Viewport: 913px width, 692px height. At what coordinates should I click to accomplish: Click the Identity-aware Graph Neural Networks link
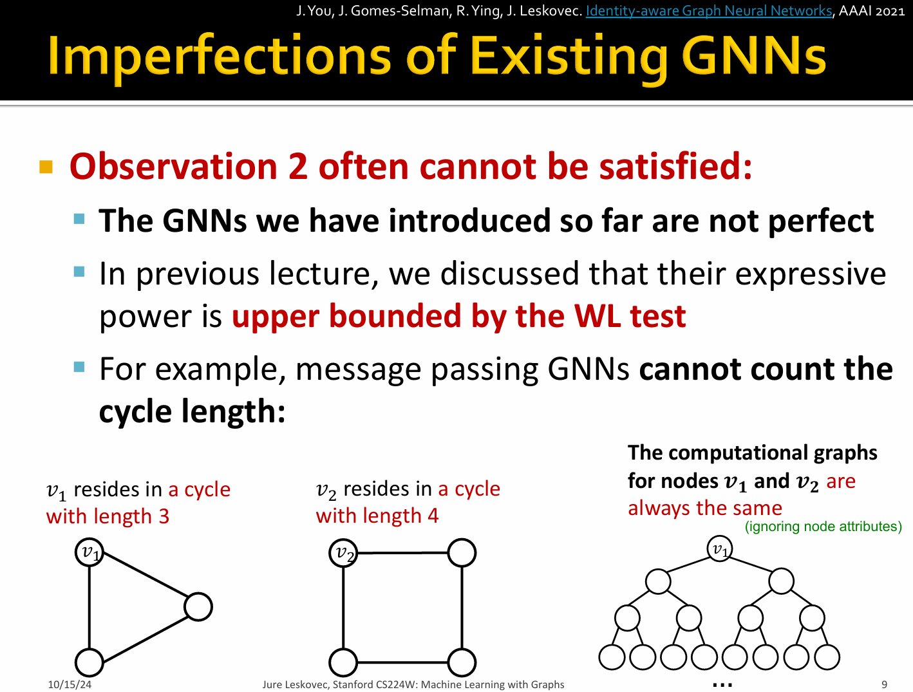click(x=709, y=11)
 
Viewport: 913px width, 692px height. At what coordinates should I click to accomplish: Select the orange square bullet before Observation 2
click(x=46, y=167)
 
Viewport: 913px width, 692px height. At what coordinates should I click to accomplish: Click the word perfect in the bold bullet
click(x=821, y=221)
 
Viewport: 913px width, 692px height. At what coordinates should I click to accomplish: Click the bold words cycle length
click(x=192, y=411)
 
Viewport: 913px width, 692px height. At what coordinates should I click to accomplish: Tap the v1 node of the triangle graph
click(x=89, y=553)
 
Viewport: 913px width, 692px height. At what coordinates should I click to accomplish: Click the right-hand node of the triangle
click(x=198, y=607)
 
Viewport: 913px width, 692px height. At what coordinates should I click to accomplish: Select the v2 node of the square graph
click(x=343, y=553)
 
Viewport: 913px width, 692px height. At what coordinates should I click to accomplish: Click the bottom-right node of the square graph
click(x=462, y=662)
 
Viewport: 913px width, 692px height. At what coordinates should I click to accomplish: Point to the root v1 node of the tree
click(x=720, y=548)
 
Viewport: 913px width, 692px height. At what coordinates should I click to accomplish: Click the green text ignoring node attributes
click(x=823, y=527)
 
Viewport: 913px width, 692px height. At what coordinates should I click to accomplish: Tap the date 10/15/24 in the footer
click(x=70, y=684)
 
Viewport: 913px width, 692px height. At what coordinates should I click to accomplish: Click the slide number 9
click(x=884, y=684)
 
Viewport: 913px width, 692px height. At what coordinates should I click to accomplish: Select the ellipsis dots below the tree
click(x=722, y=684)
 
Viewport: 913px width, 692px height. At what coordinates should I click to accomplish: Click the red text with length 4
click(x=377, y=516)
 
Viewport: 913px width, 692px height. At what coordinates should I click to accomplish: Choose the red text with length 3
click(x=108, y=516)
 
